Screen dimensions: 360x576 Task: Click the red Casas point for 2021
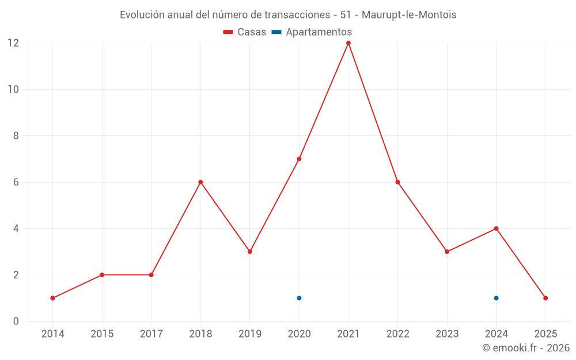348,43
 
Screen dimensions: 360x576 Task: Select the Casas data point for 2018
200,182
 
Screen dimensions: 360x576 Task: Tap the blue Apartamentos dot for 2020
299,298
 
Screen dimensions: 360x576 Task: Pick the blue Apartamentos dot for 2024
496,298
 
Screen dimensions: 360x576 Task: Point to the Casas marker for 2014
52,298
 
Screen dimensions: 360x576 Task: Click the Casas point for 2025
545,298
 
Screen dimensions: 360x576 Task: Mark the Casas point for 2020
299,159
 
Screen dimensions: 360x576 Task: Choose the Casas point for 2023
447,252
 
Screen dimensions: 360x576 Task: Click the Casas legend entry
245,32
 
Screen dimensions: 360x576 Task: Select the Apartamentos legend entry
312,32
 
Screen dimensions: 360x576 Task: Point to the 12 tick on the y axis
13,43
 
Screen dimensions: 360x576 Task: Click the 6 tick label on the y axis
16,182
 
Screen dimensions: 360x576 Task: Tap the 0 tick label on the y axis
16,321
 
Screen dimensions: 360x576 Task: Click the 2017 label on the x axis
151,334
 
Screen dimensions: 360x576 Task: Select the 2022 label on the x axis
397,334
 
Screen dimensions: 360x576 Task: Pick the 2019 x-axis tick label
250,334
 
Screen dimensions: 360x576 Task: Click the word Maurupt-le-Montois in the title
409,15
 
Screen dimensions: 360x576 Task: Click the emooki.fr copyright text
526,348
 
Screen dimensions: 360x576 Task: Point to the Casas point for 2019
250,252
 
